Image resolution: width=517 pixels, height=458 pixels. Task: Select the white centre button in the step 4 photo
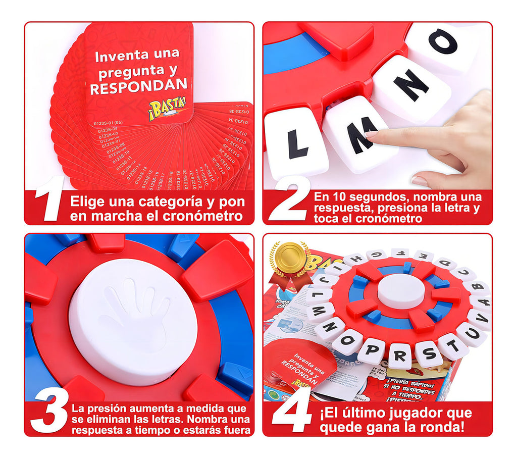click(400, 291)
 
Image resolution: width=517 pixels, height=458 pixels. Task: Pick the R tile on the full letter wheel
click(399, 355)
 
